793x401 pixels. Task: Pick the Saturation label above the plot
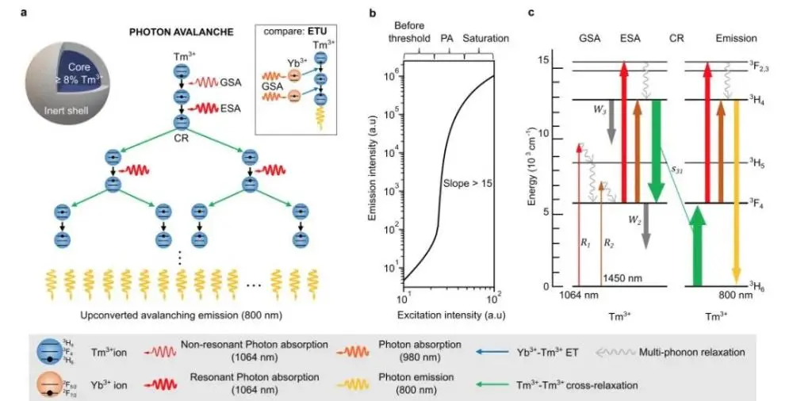coord(485,38)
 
